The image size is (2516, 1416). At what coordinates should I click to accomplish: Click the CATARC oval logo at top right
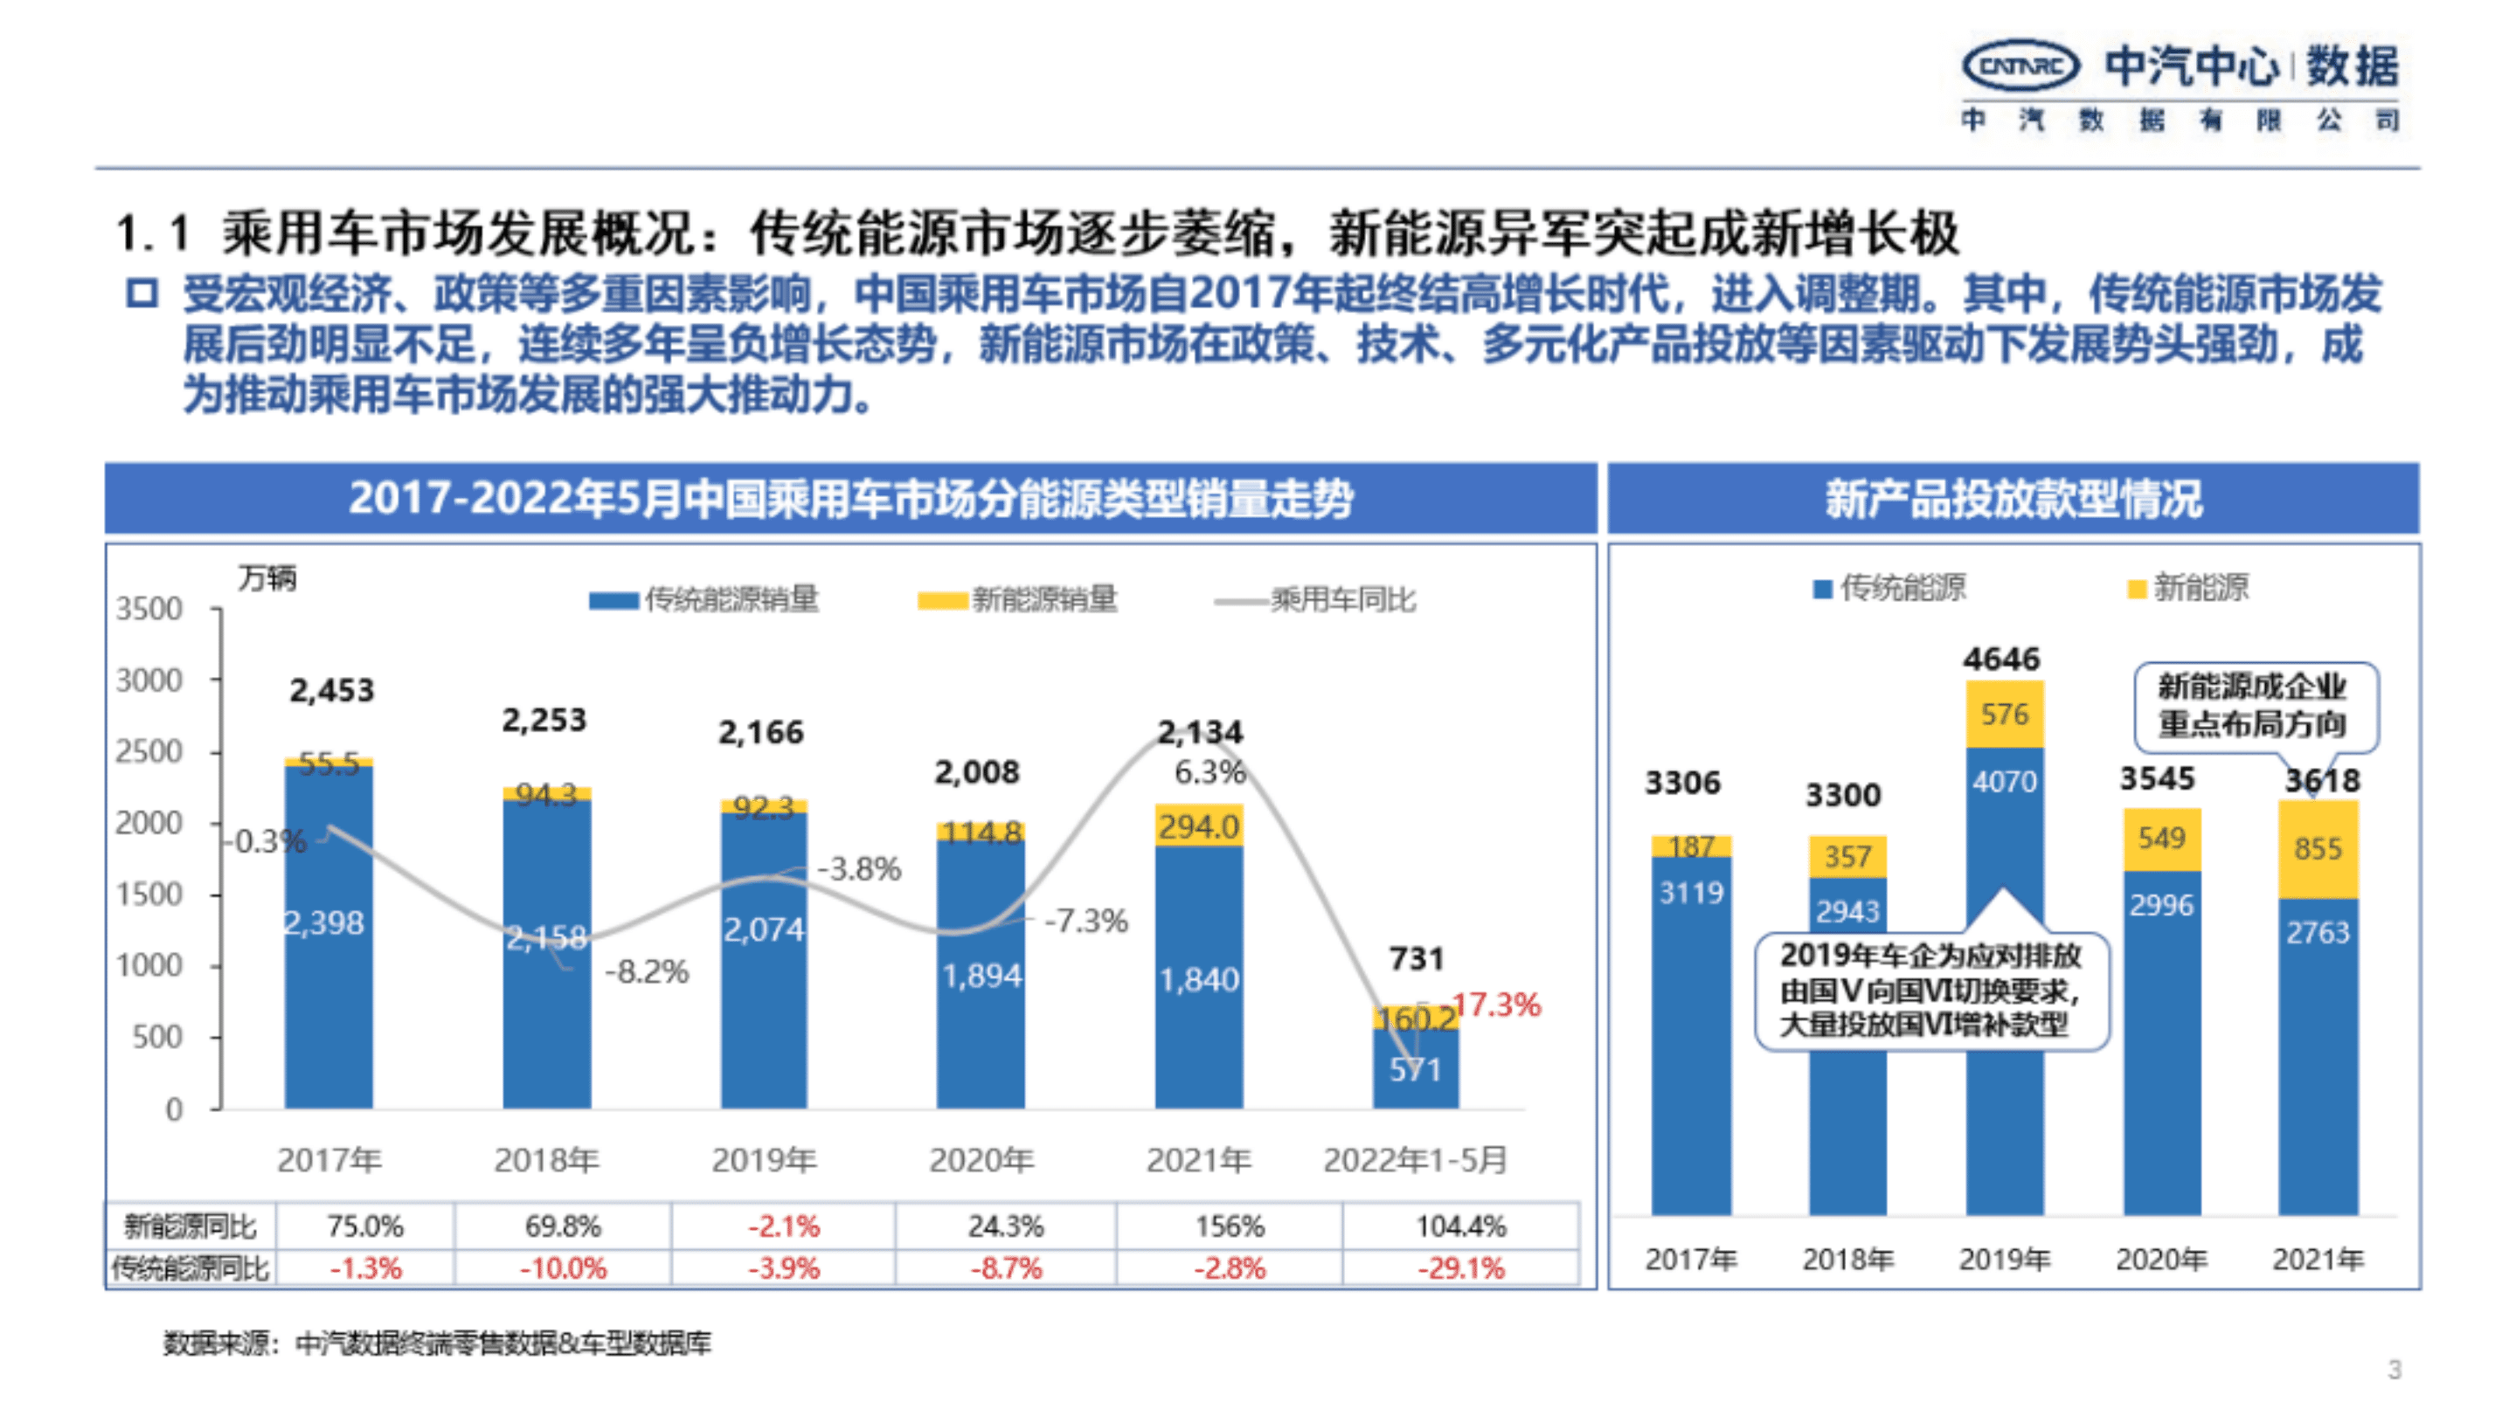click(2020, 66)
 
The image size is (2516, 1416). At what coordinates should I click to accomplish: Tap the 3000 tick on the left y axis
click(149, 680)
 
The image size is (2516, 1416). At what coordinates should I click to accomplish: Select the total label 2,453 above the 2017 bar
click(331, 690)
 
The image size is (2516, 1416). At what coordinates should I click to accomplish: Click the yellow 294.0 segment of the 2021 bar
click(1198, 826)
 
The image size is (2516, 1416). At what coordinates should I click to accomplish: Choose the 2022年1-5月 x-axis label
click(1414, 1160)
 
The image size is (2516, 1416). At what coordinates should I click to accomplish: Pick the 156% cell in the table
click(1230, 1226)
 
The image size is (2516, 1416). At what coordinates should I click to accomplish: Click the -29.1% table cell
click(1461, 1268)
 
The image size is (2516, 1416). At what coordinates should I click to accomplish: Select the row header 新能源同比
click(190, 1226)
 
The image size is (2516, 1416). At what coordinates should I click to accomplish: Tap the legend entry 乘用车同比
click(1342, 599)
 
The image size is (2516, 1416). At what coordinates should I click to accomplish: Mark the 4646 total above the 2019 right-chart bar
click(2001, 660)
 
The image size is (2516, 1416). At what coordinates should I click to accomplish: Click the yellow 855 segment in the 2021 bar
click(2317, 847)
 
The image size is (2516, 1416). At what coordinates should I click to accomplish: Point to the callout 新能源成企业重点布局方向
click(2253, 705)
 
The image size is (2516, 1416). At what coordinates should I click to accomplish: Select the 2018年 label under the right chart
click(1847, 1260)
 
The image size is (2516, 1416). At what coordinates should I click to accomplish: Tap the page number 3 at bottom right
click(2394, 1369)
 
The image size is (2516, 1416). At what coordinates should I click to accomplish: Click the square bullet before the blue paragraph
click(142, 294)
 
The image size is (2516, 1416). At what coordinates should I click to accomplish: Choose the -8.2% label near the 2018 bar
click(646, 971)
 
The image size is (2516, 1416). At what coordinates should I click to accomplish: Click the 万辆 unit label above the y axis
click(267, 578)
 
